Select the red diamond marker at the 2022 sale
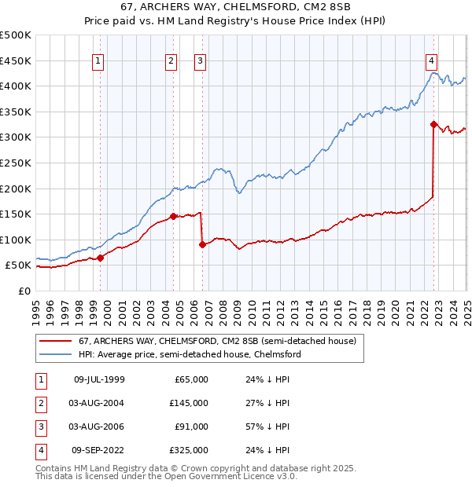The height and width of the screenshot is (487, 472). pyautogui.click(x=433, y=124)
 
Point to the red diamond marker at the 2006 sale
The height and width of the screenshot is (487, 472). pyautogui.click(x=202, y=244)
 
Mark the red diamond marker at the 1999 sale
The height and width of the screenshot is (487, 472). pyautogui.click(x=100, y=258)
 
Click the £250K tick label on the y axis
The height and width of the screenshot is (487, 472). pyautogui.click(x=16, y=163)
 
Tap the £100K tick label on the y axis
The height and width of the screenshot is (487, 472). pyautogui.click(x=16, y=240)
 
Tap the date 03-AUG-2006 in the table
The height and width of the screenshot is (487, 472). pyautogui.click(x=98, y=427)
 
